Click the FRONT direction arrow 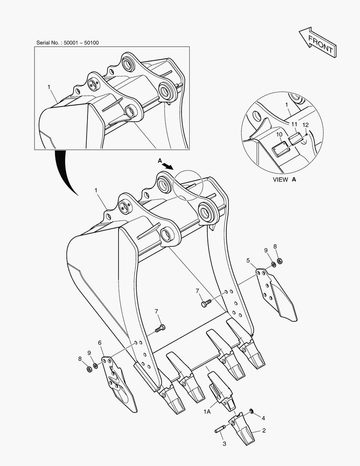(318, 42)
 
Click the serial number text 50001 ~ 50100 (81, 43)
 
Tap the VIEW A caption (284, 179)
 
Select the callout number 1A (207, 412)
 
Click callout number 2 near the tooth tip (264, 430)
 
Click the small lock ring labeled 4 (251, 411)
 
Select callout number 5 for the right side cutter (248, 261)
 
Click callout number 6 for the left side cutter (100, 343)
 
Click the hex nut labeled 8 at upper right (279, 261)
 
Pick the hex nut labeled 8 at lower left (88, 369)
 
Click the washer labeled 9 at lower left (96, 365)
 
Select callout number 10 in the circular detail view (279, 135)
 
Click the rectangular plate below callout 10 (280, 148)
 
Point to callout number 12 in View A (305, 125)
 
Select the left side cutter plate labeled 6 (119, 384)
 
